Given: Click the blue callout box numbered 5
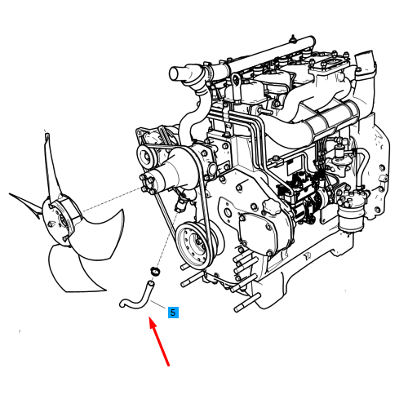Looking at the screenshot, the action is click(173, 313).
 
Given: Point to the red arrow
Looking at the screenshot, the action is click(159, 341).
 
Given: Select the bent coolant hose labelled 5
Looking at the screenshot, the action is click(137, 296).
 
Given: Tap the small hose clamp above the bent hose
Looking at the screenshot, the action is click(155, 272).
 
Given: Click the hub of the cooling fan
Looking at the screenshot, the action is click(61, 221).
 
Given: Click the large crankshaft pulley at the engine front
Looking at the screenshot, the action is click(194, 243).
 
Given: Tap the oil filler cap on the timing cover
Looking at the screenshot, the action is click(272, 207).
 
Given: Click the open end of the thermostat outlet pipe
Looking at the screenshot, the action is click(174, 73).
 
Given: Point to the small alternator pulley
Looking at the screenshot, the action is click(146, 157).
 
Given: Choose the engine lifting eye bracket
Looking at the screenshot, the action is click(236, 86).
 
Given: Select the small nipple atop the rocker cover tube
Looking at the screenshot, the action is click(293, 38).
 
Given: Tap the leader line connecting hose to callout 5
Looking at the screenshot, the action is click(158, 304).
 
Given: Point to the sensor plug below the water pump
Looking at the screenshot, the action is click(181, 203).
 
